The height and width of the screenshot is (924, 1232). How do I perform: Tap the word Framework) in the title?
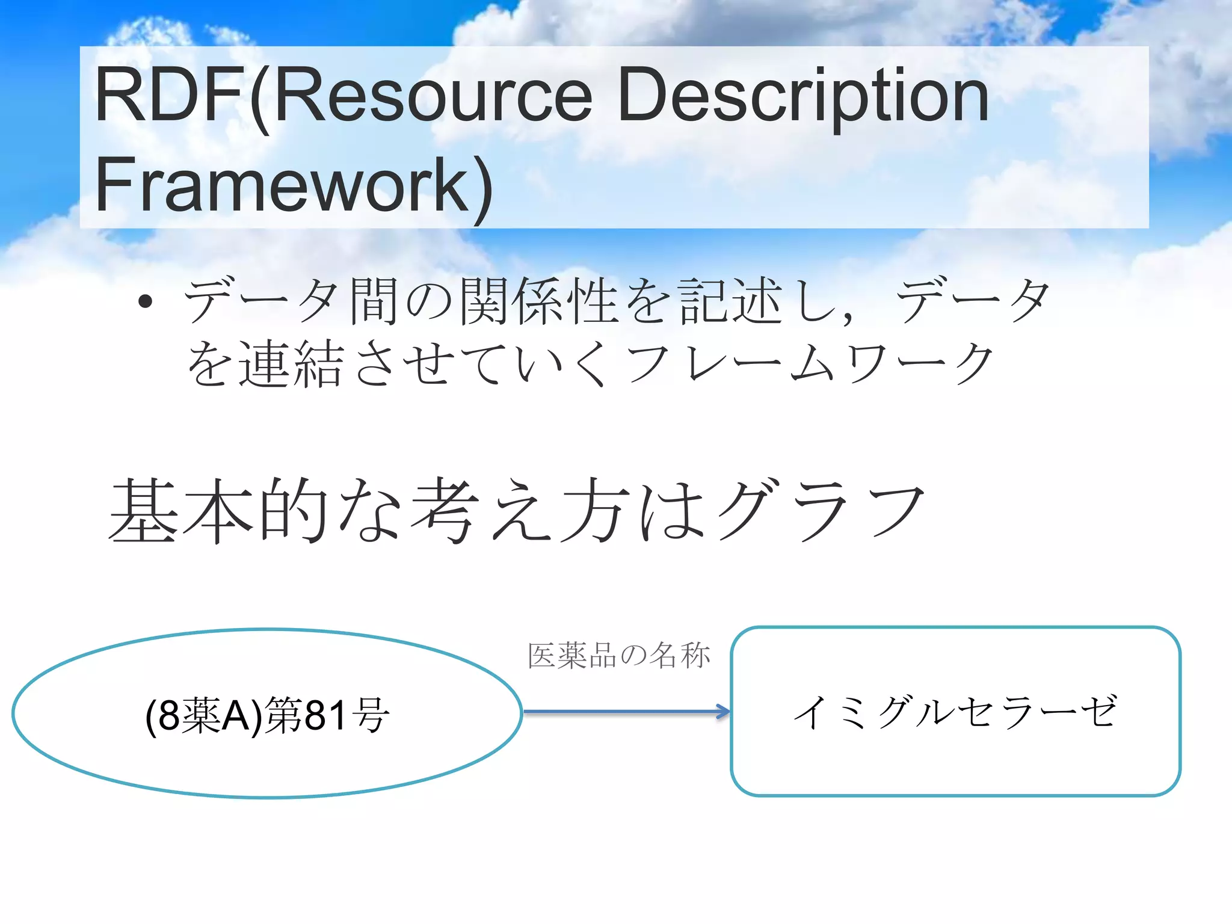tap(294, 184)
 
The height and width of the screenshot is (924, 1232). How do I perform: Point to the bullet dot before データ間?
tap(145, 301)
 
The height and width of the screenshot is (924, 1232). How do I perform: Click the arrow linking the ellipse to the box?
tap(626, 712)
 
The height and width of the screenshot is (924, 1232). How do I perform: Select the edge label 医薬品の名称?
tap(619, 655)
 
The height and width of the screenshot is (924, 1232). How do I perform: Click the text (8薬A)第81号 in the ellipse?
tap(268, 715)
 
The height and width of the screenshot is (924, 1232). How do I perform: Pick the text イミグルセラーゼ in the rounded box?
tap(955, 712)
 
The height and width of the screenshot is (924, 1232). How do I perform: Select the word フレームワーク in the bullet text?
tap(809, 363)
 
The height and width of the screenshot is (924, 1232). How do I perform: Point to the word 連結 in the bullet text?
tap(291, 363)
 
